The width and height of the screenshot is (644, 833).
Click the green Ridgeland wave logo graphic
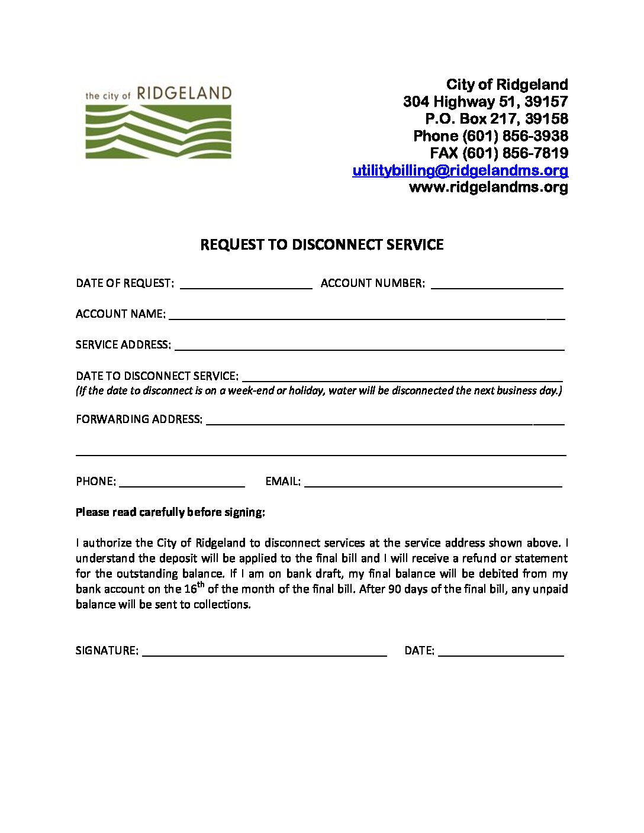158,131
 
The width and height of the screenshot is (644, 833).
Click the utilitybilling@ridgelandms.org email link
460,170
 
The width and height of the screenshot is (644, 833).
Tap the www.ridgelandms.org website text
488,188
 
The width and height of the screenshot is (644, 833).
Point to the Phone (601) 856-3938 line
490,136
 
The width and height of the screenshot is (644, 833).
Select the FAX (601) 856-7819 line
498,153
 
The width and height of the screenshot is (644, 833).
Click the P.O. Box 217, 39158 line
496,119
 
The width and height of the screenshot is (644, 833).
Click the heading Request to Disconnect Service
321,245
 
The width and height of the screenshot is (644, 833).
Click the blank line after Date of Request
246,284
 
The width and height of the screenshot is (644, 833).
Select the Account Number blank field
497,284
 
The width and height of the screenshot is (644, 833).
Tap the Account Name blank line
366,315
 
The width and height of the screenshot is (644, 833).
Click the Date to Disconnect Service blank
402,377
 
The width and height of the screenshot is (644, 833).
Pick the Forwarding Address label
139,419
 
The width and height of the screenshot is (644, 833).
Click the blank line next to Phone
182,482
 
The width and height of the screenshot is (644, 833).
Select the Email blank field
433,482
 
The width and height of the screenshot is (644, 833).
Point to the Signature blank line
264,651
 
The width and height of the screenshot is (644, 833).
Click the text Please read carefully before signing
170,512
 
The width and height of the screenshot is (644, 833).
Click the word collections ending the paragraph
221,605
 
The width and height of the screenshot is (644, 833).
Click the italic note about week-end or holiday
318,390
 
